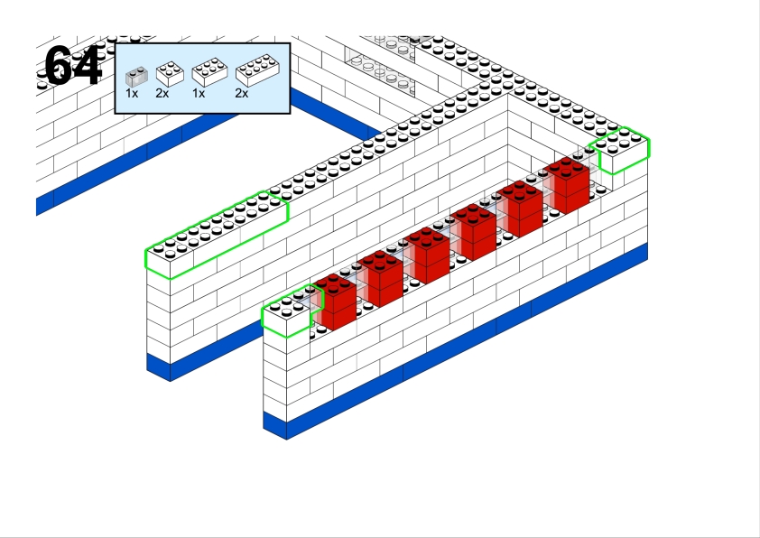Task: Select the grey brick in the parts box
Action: (x=136, y=77)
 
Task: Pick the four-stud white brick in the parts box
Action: (x=170, y=74)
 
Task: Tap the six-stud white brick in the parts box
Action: (x=210, y=72)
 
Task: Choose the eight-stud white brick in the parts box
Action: (x=257, y=70)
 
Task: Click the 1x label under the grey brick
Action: (x=132, y=93)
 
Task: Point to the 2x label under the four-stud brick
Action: (x=162, y=93)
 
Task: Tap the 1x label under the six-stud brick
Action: (x=199, y=93)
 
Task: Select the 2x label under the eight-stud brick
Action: (x=241, y=93)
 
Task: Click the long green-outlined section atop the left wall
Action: (x=217, y=235)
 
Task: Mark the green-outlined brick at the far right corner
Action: (x=620, y=150)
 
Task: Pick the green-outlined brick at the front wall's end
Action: (x=291, y=311)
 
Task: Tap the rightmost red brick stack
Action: (x=567, y=185)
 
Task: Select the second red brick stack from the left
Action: (x=381, y=278)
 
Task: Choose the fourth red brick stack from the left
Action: (x=474, y=231)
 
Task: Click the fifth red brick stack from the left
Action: (x=520, y=208)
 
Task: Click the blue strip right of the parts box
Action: (x=336, y=113)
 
